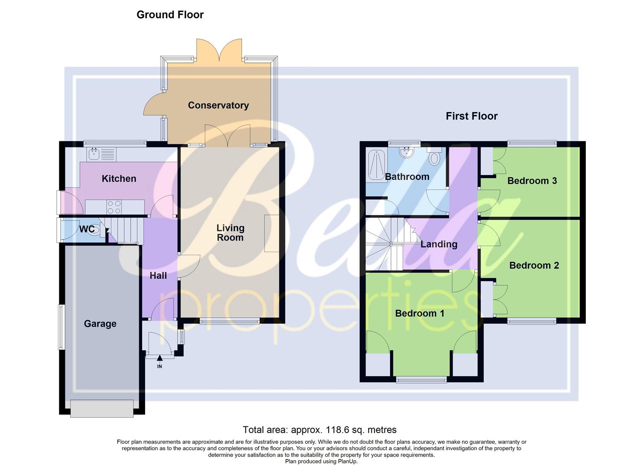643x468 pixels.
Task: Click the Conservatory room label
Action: [x=218, y=105]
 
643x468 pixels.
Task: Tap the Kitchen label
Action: [x=119, y=179]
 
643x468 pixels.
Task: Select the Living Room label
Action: [x=230, y=233]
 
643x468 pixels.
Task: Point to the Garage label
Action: [x=100, y=324]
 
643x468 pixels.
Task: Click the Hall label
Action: [x=158, y=276]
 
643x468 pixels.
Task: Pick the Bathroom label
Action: [x=407, y=177]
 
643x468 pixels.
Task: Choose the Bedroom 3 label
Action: [x=532, y=181]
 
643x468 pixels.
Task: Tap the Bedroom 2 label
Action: [x=534, y=266]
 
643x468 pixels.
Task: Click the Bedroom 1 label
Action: [x=420, y=313]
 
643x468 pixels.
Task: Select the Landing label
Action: [x=439, y=244]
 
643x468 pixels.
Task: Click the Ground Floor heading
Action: [x=170, y=15]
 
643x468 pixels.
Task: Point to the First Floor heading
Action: [x=472, y=116]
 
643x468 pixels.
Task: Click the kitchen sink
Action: [x=94, y=153]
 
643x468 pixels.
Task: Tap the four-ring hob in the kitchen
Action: [x=114, y=207]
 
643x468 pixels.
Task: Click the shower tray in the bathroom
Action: [x=375, y=165]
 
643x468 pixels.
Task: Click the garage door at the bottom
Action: [x=102, y=409]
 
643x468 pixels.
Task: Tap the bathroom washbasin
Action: [x=406, y=152]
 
